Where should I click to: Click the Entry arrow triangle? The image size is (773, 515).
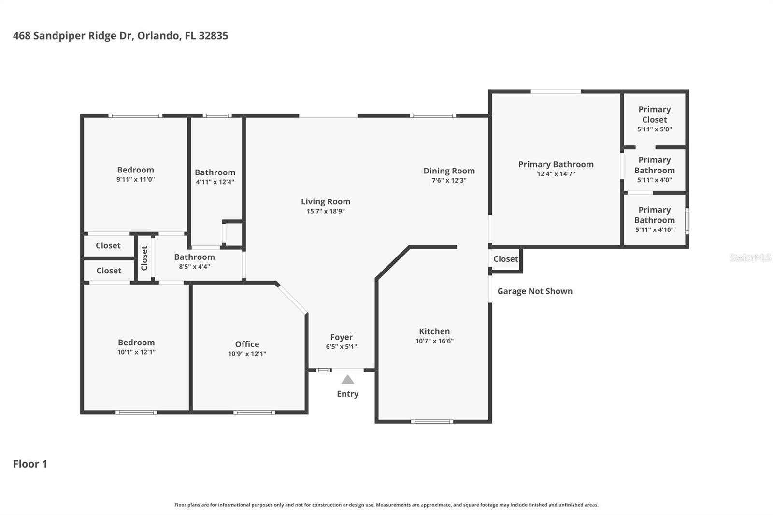pos(348,380)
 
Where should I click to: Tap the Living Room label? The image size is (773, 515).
pos(326,201)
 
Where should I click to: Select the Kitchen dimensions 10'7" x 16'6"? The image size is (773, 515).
pos(434,341)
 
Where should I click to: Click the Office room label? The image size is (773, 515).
pos(247,344)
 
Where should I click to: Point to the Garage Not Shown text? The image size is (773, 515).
pos(535,291)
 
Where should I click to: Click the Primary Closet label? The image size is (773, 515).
pos(654,114)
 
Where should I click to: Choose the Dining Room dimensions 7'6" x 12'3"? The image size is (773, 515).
pos(449,181)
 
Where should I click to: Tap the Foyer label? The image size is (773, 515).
pos(341,337)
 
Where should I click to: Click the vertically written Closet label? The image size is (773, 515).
pos(144,258)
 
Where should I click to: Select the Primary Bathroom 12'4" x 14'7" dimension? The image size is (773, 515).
pos(556,174)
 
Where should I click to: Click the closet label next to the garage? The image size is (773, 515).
pos(505,259)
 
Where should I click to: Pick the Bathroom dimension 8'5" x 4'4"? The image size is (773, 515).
pos(194,267)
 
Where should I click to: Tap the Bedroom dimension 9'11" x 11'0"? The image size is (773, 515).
pos(135,179)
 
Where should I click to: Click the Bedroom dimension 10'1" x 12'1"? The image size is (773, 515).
pos(136,352)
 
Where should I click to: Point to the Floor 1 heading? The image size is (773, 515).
pos(30,464)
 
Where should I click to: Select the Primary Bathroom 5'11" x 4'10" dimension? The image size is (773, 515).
pos(654,230)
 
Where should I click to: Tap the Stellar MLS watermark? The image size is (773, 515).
pos(750,257)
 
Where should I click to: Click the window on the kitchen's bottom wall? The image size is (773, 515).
pos(432,422)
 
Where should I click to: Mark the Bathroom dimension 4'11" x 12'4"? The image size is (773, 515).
pos(215,182)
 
